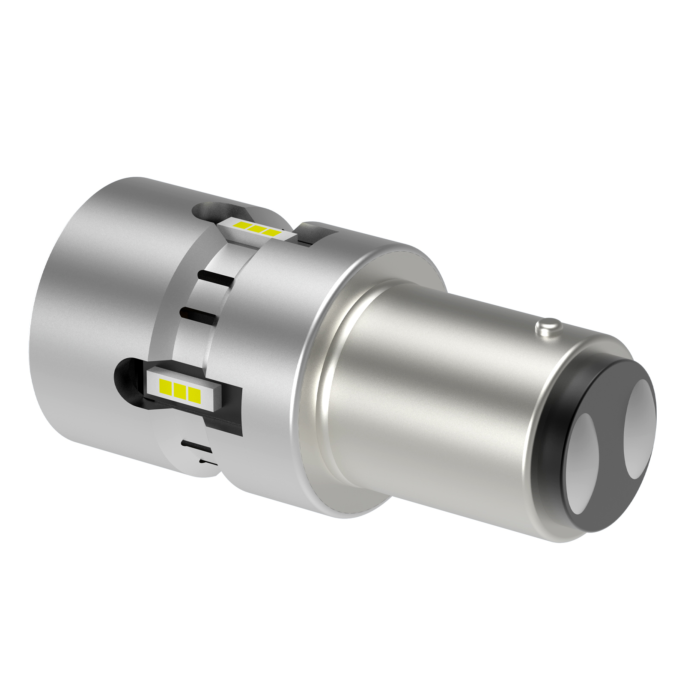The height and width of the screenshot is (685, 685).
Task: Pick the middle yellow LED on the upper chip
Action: tap(256, 229)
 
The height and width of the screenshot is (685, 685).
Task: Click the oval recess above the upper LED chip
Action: tap(214, 211)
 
